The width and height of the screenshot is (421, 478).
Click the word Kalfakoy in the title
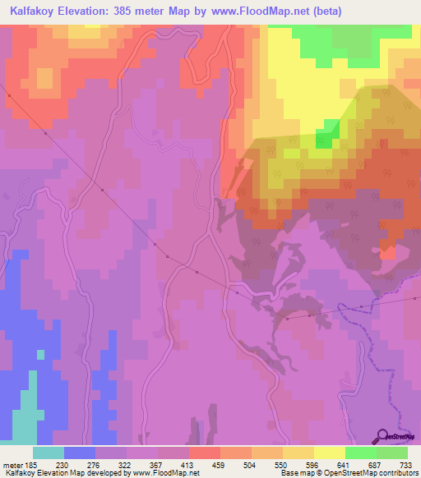[x=36, y=11]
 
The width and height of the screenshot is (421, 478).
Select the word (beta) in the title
[x=323, y=11]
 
